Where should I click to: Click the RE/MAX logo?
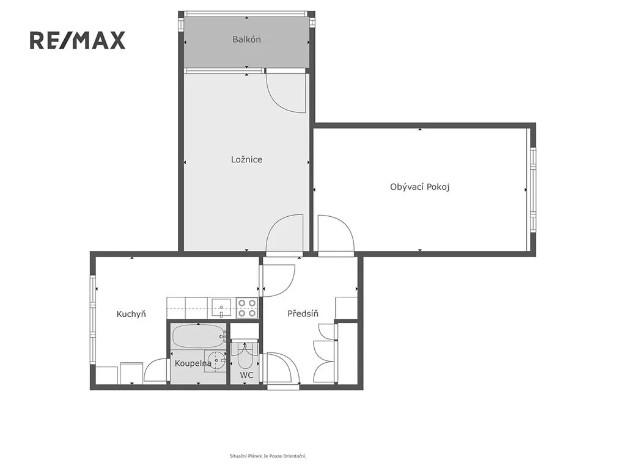pyautogui.click(x=78, y=40)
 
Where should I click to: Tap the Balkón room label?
pyautogui.click(x=247, y=39)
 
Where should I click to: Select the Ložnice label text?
pyautogui.click(x=247, y=159)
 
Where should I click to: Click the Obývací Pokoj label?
pyautogui.click(x=420, y=187)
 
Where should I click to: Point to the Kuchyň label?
pyautogui.click(x=131, y=314)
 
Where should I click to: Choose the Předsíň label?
pyautogui.click(x=303, y=313)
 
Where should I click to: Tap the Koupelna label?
pyautogui.click(x=193, y=363)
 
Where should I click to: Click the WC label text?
pyautogui.click(x=247, y=375)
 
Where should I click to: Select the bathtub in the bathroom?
pyautogui.click(x=199, y=336)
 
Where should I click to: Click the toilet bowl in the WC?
pyautogui.click(x=245, y=356)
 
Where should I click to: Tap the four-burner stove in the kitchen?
pyautogui.click(x=247, y=308)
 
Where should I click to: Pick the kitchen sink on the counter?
pyautogui.click(x=221, y=308)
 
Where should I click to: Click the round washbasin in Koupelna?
pyautogui.click(x=216, y=361)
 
